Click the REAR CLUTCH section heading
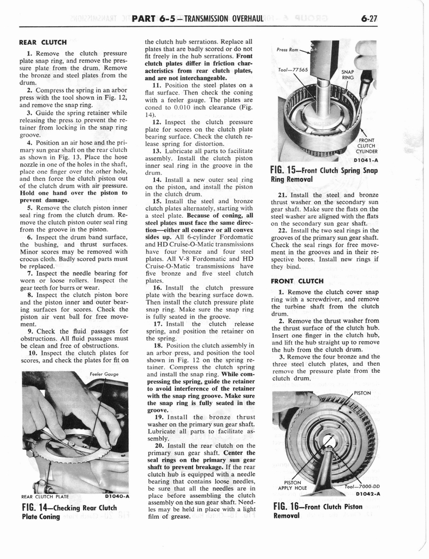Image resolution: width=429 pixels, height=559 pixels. coord(43,41)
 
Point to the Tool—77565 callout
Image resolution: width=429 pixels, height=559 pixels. coord(293,70)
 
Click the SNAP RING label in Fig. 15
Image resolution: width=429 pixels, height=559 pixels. coord(348,74)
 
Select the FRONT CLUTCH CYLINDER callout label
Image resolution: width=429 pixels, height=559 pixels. coord(366,146)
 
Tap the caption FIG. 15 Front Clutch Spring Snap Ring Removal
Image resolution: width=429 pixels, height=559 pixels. coord(324,174)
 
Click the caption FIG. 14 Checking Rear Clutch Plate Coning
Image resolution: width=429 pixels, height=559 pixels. coord(69,512)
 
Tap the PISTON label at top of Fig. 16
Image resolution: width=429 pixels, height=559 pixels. coord(362,393)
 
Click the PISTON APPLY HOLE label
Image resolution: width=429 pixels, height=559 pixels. coord(293,485)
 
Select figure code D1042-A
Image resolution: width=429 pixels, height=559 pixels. coord(367,493)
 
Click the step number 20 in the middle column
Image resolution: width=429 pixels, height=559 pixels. coord(158,445)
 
